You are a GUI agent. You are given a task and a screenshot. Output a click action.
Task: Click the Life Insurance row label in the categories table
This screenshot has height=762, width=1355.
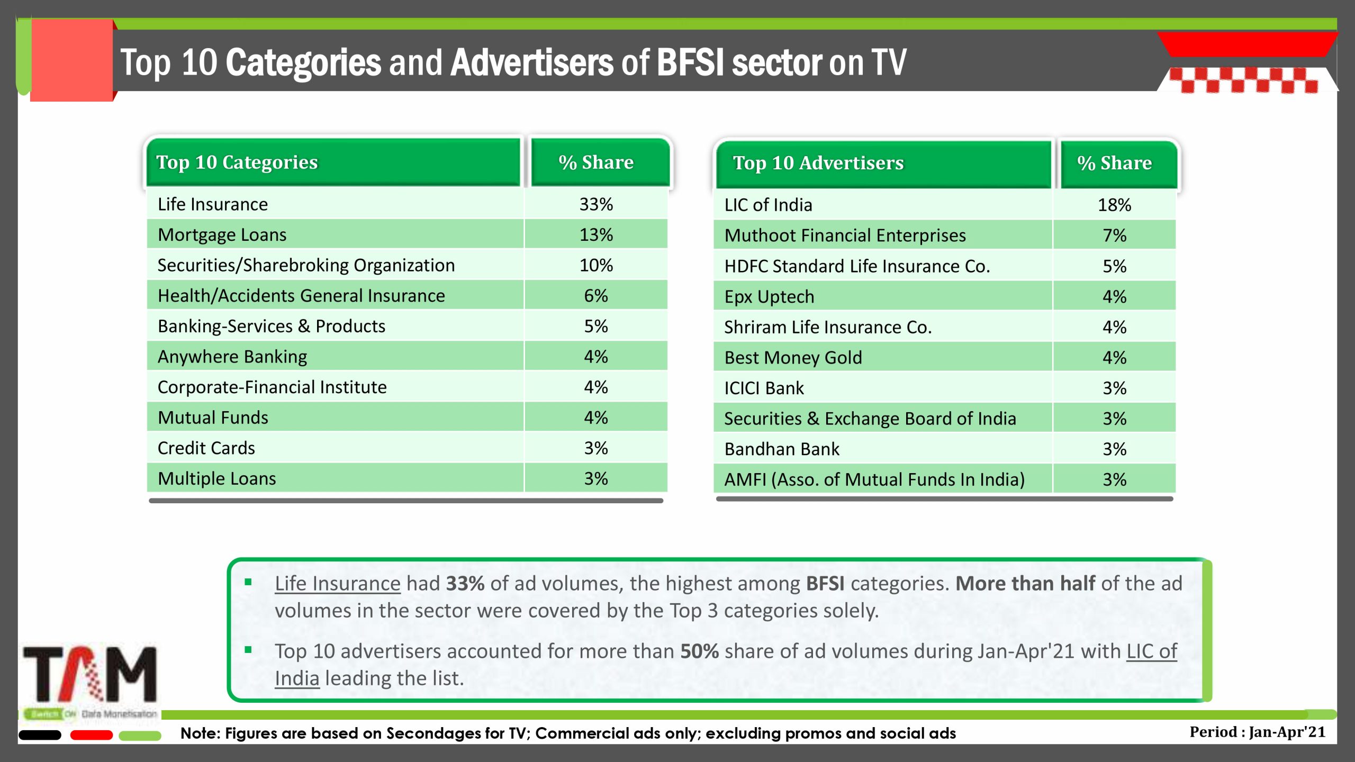pos(213,204)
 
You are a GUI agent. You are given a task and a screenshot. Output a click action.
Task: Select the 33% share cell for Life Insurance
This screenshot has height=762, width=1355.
pos(596,204)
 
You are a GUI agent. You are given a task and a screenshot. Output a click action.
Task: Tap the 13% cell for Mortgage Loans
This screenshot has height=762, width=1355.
pos(596,235)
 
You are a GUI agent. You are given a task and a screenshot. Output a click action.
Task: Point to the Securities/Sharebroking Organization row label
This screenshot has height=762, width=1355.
pos(306,265)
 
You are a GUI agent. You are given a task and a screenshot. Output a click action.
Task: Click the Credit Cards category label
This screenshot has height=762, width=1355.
pos(206,448)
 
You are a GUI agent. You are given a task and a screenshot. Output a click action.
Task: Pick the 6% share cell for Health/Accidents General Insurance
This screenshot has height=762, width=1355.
pos(596,296)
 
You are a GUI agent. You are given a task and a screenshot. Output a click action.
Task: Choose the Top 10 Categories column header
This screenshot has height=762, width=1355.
pos(237,162)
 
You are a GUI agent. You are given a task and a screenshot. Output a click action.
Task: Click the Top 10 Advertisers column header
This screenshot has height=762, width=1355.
pos(818,163)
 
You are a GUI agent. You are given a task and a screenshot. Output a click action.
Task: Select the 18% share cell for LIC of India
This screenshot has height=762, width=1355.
pos(1114,205)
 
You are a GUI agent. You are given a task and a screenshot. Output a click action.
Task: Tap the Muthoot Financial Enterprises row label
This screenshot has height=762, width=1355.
pos(845,235)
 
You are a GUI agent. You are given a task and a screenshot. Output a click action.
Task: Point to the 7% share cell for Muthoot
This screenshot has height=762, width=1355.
pos(1114,235)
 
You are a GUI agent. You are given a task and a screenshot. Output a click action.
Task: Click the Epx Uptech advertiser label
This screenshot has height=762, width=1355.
pos(769,297)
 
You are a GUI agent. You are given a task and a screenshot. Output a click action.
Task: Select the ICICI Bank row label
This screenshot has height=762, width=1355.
pos(764,388)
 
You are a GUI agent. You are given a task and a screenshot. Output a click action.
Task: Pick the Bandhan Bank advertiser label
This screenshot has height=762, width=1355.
pos(782,449)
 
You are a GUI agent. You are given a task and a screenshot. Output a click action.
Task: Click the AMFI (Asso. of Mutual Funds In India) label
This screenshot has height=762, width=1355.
pos(874,479)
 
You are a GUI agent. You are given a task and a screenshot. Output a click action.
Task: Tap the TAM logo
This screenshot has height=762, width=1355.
pos(90,675)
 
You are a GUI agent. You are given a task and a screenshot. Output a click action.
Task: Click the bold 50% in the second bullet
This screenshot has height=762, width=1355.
pos(699,651)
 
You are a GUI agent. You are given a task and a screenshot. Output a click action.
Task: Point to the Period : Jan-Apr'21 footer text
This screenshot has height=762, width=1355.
pos(1257,732)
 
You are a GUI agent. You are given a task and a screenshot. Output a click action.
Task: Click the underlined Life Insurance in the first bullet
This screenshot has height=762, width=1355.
pos(338,584)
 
